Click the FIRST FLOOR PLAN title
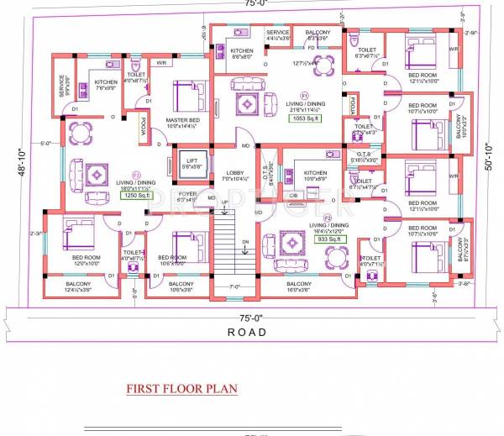[181, 389]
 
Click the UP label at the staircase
[224, 203]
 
